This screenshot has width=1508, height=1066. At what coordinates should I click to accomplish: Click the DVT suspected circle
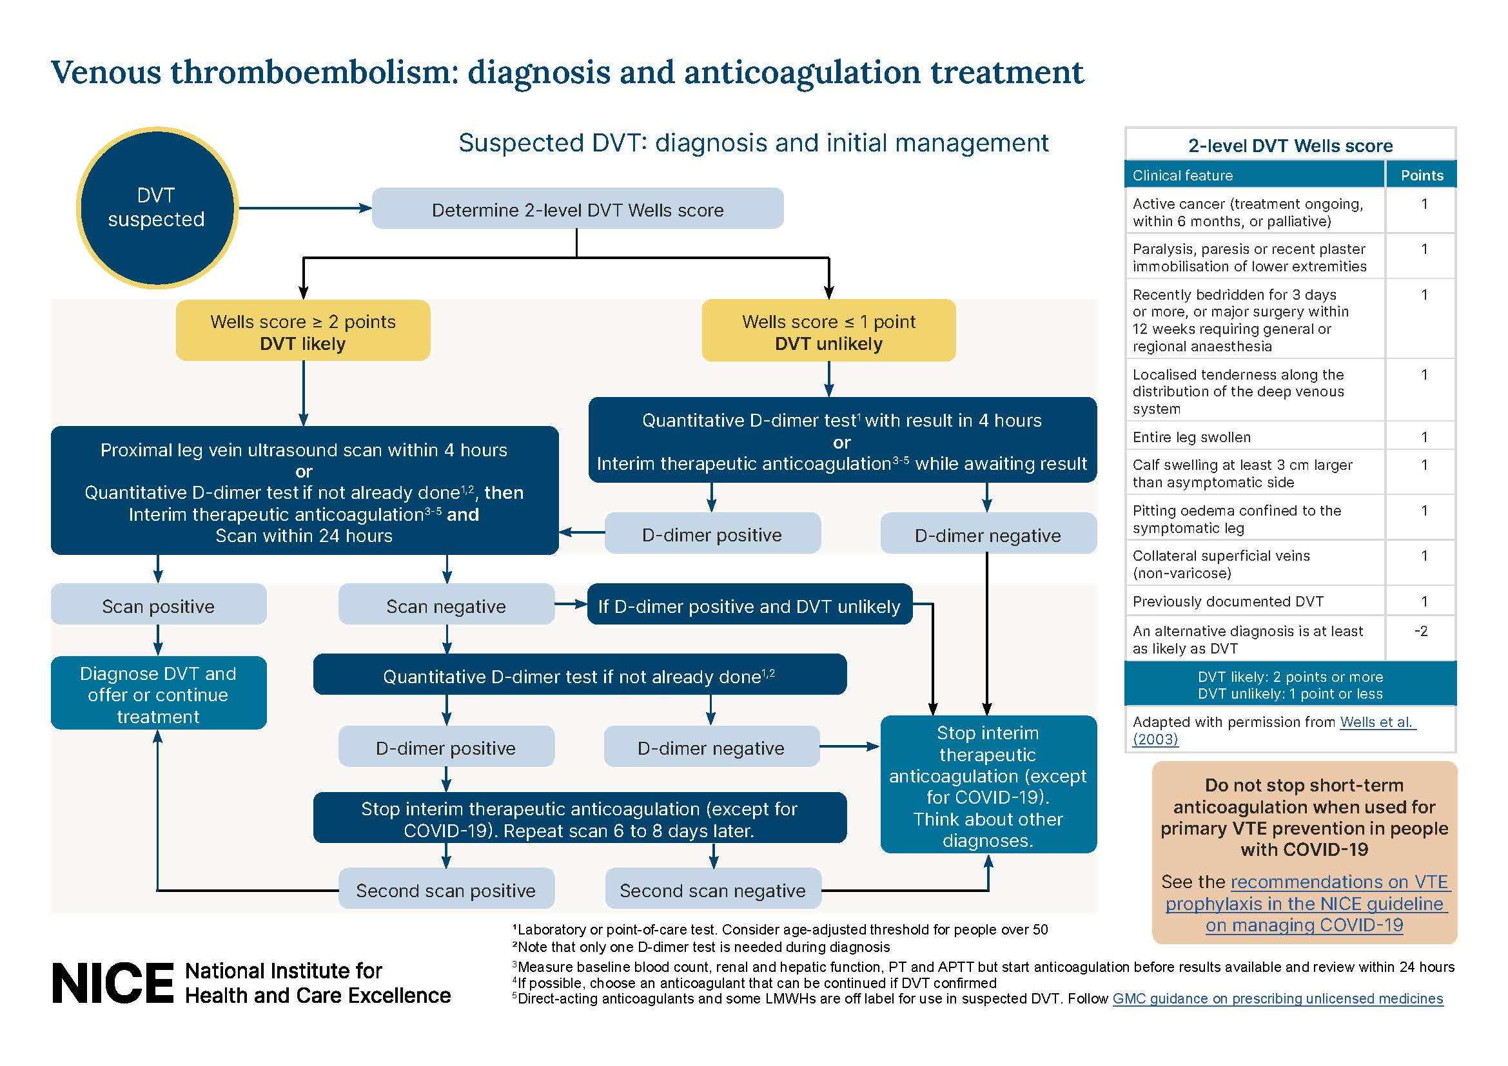click(156, 208)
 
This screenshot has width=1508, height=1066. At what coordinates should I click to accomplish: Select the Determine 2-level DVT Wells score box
click(577, 209)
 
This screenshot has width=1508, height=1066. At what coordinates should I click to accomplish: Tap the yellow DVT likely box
click(303, 331)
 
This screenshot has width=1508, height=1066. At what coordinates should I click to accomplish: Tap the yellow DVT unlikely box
click(828, 331)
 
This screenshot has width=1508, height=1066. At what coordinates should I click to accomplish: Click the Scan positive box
click(159, 605)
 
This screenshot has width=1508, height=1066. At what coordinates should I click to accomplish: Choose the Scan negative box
click(446, 605)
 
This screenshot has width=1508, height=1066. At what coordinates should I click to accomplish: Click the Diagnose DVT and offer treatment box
click(159, 693)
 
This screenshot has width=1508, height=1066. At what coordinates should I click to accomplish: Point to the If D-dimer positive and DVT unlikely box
click(749, 605)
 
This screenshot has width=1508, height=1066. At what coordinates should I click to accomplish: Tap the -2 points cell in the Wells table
click(1421, 631)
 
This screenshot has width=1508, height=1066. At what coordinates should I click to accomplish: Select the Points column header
click(1422, 175)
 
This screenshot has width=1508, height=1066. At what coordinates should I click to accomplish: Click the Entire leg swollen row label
click(1191, 437)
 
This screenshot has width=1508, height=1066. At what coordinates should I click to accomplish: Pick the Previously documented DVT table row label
click(1228, 601)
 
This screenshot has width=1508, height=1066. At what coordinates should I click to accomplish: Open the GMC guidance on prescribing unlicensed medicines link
click(1277, 998)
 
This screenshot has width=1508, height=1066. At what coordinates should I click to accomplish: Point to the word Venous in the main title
click(106, 72)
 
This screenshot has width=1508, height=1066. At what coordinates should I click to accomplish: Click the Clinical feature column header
click(1182, 175)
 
